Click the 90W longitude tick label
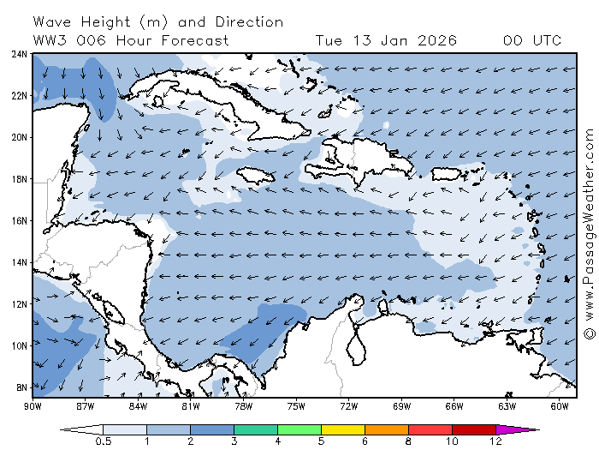(x=33, y=405)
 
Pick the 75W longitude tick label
(x=296, y=405)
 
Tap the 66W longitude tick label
(x=454, y=405)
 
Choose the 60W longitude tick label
(x=560, y=405)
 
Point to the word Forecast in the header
(x=197, y=40)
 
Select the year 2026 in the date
(x=437, y=40)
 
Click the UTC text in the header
(x=546, y=40)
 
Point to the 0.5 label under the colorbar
(x=103, y=441)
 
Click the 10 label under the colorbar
(x=452, y=441)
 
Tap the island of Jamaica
(x=255, y=176)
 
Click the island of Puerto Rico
(x=446, y=173)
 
